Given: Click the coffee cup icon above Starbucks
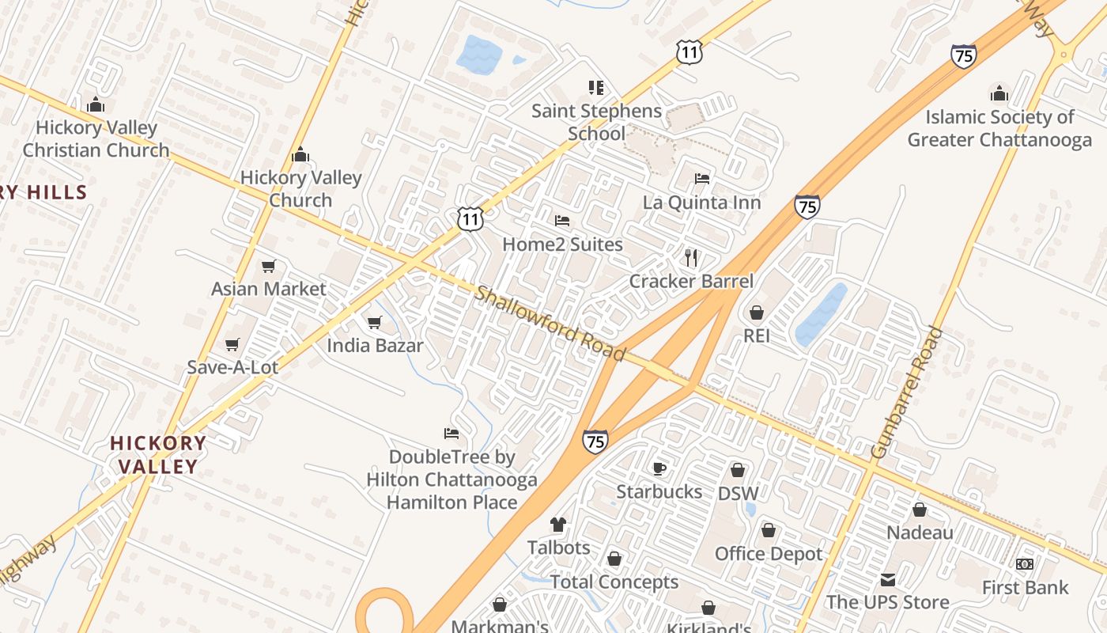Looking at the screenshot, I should [x=659, y=468].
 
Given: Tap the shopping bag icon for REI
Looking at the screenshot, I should [x=757, y=313].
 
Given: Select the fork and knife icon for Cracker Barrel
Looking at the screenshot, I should [x=691, y=257].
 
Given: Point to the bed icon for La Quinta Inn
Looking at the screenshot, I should [x=701, y=178].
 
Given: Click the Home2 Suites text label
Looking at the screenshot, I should [x=562, y=244].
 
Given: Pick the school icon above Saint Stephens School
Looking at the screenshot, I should [x=595, y=87].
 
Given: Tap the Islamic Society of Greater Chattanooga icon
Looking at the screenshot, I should [x=999, y=93].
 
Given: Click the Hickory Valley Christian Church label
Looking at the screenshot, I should [x=96, y=138].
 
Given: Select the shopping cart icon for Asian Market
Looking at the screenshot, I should [x=269, y=266].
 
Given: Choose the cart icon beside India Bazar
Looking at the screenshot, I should [x=375, y=322].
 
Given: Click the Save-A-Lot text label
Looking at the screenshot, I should [x=232, y=367].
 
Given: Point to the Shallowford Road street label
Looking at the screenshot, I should [x=550, y=324].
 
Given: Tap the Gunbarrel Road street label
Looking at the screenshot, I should [x=907, y=392].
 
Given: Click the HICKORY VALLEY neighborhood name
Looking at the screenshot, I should [x=158, y=454].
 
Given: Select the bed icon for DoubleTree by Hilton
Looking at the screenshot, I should [x=451, y=433].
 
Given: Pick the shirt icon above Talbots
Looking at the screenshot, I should [x=558, y=524].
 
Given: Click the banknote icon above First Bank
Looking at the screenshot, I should [x=1025, y=564].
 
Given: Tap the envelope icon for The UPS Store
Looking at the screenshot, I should [x=887, y=579].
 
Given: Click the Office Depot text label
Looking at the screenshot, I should [x=769, y=554].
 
